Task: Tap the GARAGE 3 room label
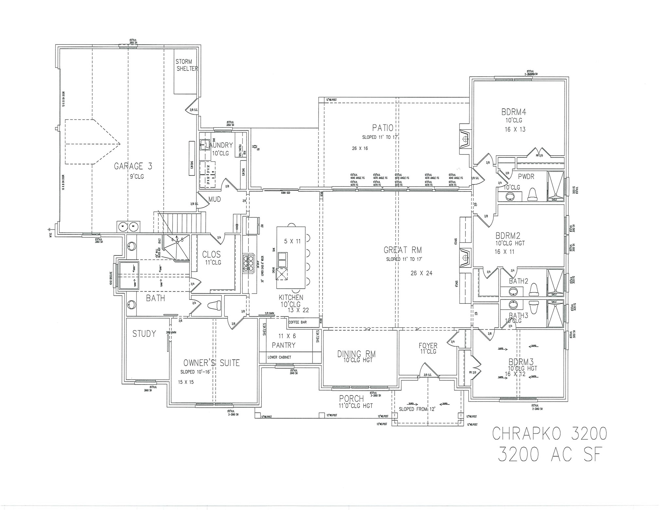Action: (133, 166)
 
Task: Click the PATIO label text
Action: (383, 128)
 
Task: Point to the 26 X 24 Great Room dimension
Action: (421, 273)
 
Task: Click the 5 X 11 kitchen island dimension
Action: (292, 241)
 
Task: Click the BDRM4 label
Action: (514, 112)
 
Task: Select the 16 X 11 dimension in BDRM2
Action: (505, 252)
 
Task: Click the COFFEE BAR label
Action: (297, 322)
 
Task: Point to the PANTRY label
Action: (284, 345)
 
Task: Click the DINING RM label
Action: (356, 354)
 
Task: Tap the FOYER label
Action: (428, 346)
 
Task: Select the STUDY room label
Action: (144, 334)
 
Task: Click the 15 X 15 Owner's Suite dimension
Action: (186, 382)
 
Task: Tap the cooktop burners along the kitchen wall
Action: (248, 263)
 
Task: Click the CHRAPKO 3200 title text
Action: (549, 434)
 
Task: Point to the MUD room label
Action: (215, 199)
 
